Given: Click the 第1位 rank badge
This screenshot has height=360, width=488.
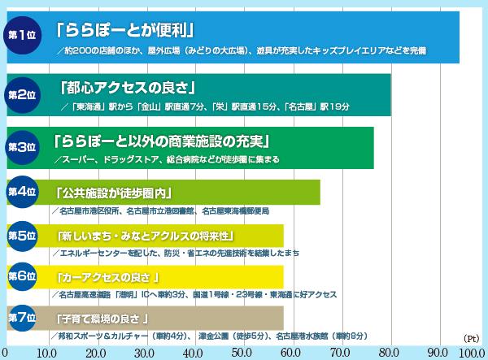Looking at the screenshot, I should coord(22,35).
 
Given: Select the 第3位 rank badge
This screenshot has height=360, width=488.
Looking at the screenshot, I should coord(22,147).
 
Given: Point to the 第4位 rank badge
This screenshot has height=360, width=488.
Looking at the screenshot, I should coord(22,192).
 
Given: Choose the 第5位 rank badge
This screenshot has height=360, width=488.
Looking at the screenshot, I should coord(22,235).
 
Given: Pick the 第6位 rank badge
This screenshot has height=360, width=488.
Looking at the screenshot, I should coord(22,276).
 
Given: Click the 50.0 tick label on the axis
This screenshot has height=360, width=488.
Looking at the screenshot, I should coord(242,353).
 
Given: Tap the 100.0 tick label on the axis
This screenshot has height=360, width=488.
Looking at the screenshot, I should coord(471,353).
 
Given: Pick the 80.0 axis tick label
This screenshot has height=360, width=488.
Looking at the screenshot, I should coord(390,353).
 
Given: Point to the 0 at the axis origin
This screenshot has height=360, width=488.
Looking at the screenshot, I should coord(4,353).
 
